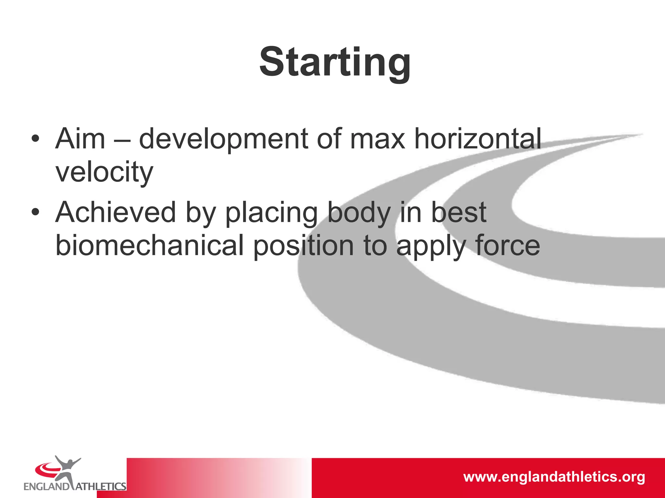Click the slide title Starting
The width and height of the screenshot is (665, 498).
coord(335,62)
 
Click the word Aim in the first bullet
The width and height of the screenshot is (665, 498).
coord(80,139)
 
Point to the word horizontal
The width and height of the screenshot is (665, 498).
coord(478,139)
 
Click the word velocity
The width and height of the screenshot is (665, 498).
coord(104,172)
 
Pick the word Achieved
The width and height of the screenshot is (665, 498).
coord(115,212)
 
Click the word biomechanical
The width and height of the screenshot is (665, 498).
coord(149,246)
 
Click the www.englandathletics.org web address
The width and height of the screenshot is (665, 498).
coord(554,477)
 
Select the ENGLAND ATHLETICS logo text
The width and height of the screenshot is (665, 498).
coord(75,486)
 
